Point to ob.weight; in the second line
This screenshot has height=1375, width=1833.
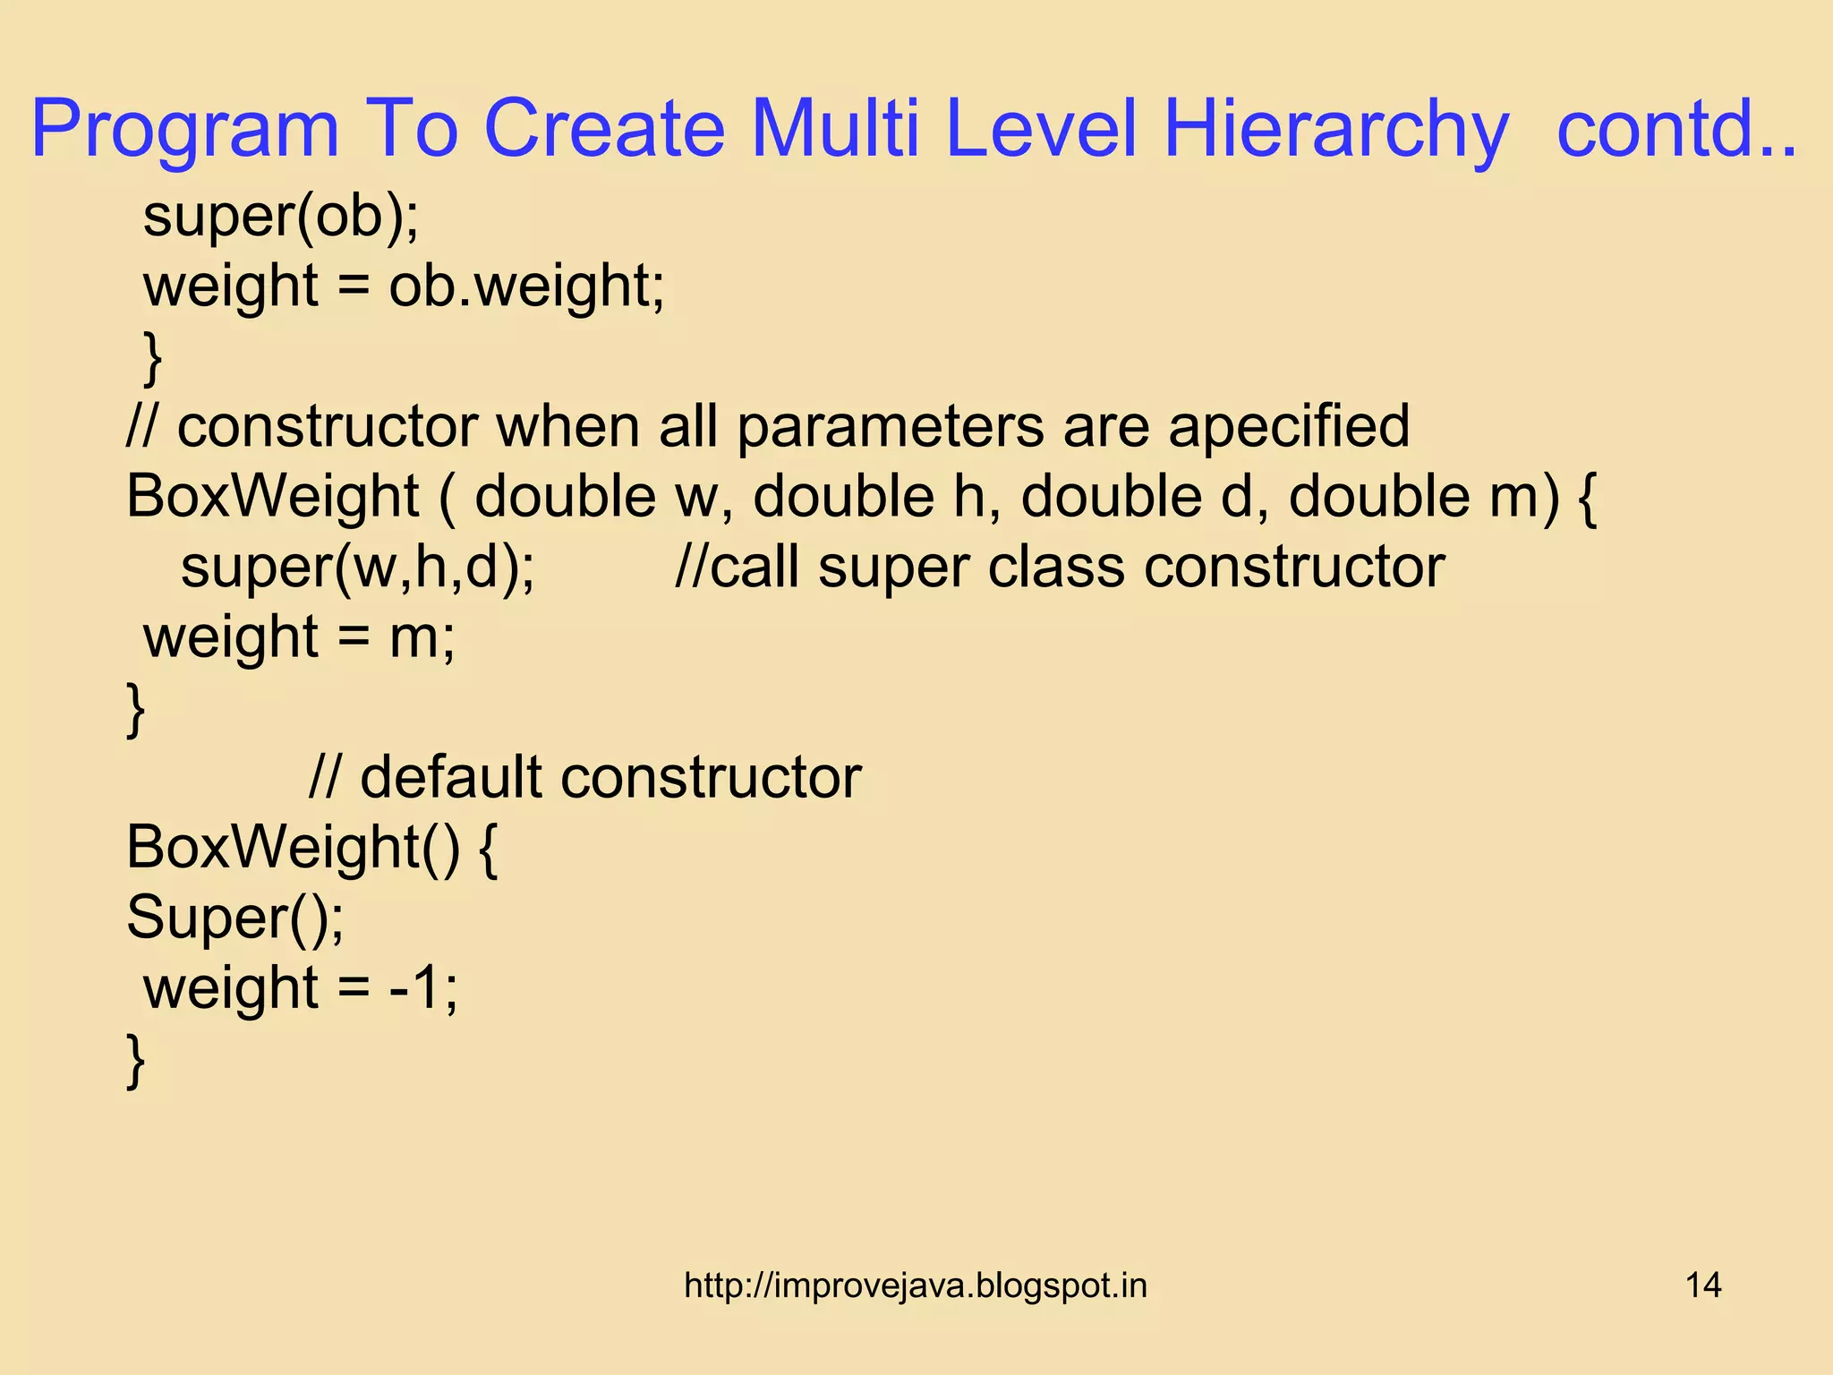click(x=526, y=286)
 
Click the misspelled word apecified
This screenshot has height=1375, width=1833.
click(x=1288, y=426)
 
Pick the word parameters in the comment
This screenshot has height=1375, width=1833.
click(x=890, y=426)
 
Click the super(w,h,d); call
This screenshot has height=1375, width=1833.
click(x=358, y=567)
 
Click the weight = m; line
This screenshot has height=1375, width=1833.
click(x=299, y=637)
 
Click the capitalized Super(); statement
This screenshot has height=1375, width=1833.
click(x=234, y=918)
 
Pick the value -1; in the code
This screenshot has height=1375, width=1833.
click(x=422, y=987)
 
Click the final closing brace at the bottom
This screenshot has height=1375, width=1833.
click(x=135, y=1060)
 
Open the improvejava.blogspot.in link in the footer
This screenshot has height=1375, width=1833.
click(x=915, y=1285)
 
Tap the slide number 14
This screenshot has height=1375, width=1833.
click(x=1702, y=1285)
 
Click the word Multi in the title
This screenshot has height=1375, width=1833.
click(x=836, y=130)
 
